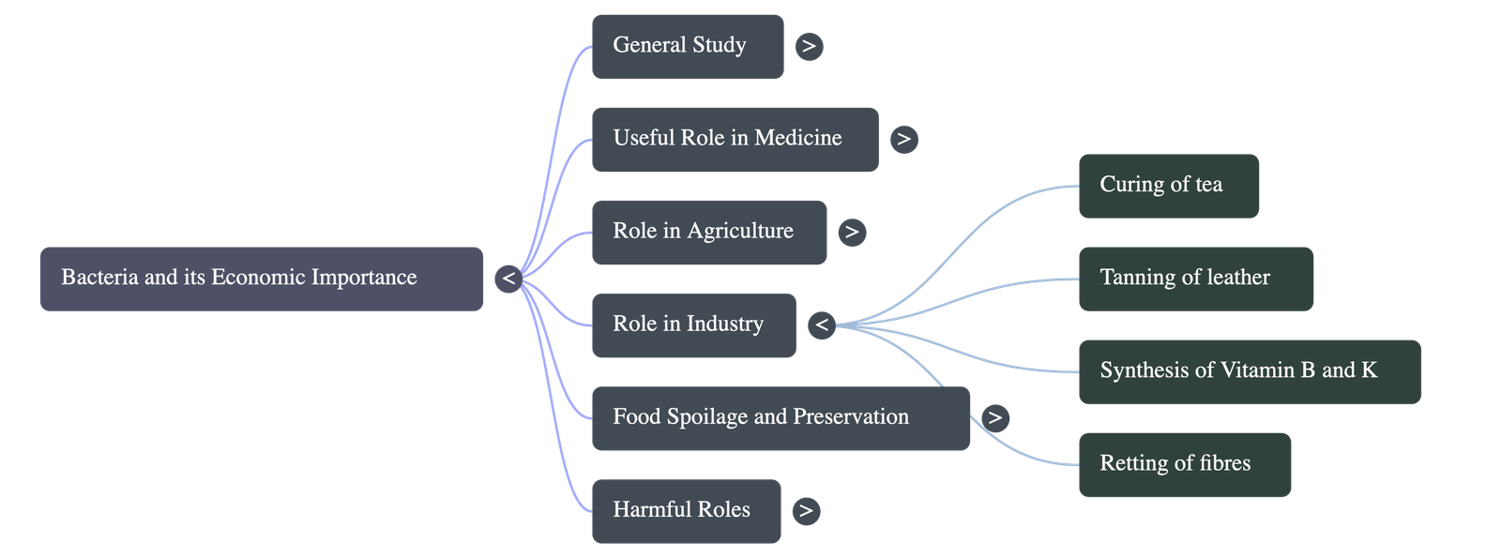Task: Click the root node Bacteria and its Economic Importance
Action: click(x=261, y=279)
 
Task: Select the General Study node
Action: click(x=688, y=46)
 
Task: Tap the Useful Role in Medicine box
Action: click(x=735, y=139)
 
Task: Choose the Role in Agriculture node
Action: click(x=709, y=232)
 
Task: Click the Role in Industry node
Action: click(x=693, y=324)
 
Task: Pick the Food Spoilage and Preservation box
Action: click(x=781, y=418)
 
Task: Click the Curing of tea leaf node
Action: click(x=1169, y=186)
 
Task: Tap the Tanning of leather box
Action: click(x=1196, y=279)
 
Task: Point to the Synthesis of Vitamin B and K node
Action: click(x=1250, y=371)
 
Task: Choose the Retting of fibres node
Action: click(x=1185, y=464)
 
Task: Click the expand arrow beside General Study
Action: click(x=809, y=46)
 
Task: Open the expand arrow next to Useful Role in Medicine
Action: click(x=903, y=139)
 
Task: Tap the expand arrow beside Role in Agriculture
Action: click(x=851, y=232)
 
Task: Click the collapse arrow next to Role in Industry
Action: click(x=822, y=324)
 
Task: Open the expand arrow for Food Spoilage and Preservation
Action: click(x=995, y=417)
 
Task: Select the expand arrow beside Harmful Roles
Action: click(x=805, y=510)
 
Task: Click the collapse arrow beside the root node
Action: click(x=508, y=279)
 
